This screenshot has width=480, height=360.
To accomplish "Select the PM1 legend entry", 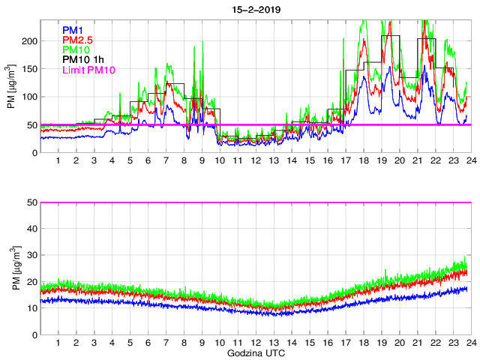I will [x=72, y=29].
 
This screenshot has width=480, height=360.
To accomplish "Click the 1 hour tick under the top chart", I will [x=58, y=161].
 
